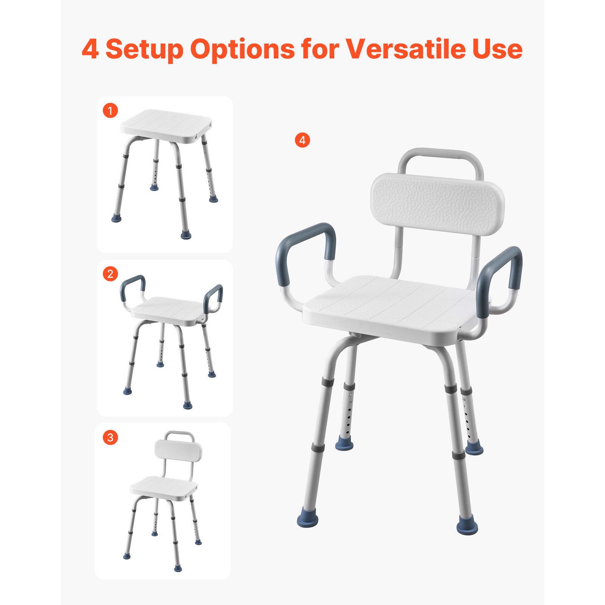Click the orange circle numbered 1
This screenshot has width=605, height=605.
(110, 110)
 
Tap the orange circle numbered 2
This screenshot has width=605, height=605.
(110, 273)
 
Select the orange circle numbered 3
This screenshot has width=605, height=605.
(110, 437)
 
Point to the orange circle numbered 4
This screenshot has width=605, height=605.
(302, 140)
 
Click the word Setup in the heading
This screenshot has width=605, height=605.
(144, 50)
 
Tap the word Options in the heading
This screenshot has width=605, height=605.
(242, 50)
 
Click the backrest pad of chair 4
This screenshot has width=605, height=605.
(437, 204)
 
